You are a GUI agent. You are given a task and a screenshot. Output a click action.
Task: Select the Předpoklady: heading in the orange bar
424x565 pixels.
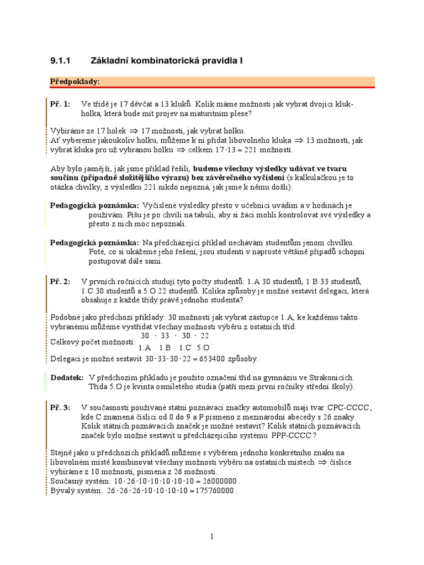[75, 81]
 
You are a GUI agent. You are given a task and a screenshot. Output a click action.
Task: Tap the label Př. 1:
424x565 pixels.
[60, 104]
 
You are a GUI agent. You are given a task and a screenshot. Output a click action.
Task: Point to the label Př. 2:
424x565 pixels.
[60, 281]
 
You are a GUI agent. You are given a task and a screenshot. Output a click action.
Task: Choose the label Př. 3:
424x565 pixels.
[60, 407]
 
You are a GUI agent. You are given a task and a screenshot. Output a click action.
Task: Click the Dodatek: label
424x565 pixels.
[67, 377]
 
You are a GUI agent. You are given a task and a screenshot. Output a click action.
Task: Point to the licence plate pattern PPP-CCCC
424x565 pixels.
[294, 435]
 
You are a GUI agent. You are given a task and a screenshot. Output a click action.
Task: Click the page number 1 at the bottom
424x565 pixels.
[212, 536]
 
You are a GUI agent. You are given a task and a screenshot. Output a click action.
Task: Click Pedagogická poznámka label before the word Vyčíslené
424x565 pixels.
[94, 205]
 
